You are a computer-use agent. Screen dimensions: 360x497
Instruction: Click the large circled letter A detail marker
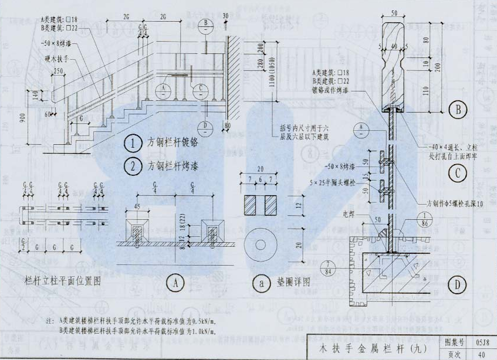tap(175, 284)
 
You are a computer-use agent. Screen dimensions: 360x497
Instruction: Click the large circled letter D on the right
tap(457, 286)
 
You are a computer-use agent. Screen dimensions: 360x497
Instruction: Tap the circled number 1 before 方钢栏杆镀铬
tap(133, 144)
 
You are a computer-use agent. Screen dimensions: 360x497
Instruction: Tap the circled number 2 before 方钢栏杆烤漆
tap(133, 166)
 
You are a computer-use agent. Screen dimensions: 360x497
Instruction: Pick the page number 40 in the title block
tap(480, 354)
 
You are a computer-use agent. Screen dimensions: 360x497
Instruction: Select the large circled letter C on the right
tap(457, 173)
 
